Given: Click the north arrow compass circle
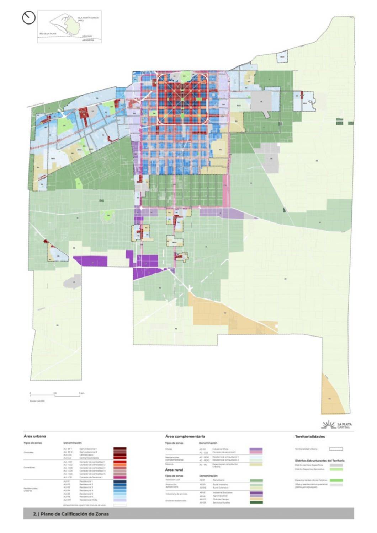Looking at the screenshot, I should point(29,18).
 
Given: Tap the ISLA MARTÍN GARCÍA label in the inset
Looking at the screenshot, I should point(88,18).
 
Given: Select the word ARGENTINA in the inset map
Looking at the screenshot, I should point(88,40).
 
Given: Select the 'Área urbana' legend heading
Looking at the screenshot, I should point(35,436).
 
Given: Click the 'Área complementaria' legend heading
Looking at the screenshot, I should point(185,436).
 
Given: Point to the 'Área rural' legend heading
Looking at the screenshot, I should point(174,470).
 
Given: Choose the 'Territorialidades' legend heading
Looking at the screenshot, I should point(310,436).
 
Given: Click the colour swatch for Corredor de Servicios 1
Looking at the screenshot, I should point(120,477).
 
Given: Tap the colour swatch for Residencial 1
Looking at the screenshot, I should point(120,481).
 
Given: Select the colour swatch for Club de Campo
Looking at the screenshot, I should point(256,499).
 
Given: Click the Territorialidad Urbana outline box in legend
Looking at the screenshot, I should point(336,449).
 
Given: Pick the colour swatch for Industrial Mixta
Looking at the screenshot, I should point(256,449).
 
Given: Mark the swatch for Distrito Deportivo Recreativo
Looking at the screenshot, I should point(336,469).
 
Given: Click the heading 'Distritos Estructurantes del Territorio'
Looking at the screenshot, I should point(319,461).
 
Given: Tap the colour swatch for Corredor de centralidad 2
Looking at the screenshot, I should point(120,465).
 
